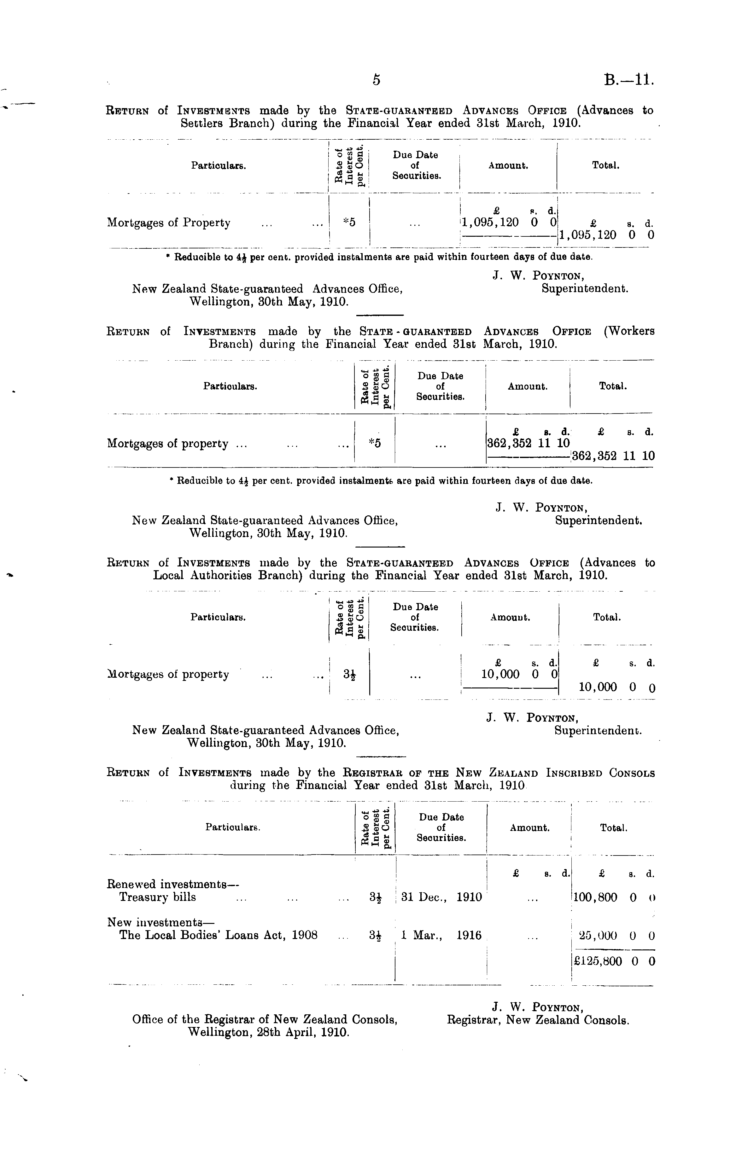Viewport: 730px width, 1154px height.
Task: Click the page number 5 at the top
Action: pyautogui.click(x=376, y=80)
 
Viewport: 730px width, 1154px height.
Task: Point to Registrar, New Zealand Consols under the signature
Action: pyautogui.click(x=538, y=1020)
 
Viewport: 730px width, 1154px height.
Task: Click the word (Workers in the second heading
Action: pyautogui.click(x=628, y=331)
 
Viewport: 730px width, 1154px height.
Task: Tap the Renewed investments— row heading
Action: pyautogui.click(x=172, y=884)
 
